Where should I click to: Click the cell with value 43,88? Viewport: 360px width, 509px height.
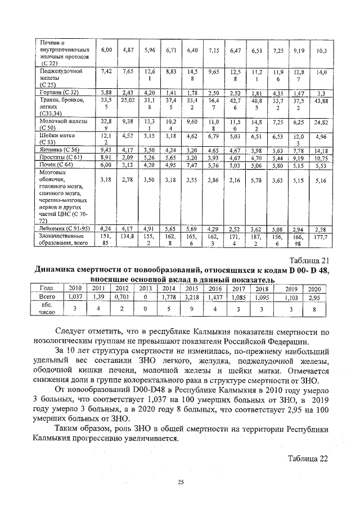point(321,100)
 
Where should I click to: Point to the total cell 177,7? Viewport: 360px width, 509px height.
point(321,238)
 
